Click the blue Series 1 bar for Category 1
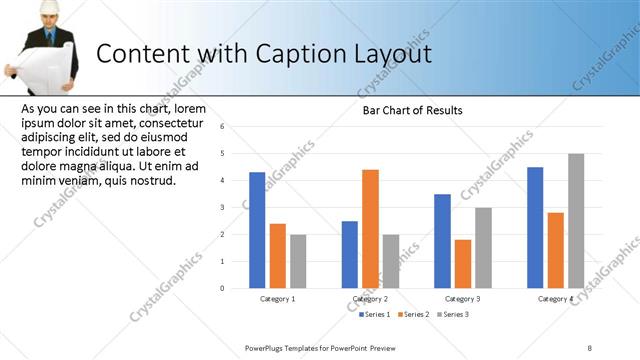(x=257, y=230)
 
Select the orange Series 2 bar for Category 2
(x=370, y=229)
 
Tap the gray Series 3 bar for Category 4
(x=576, y=221)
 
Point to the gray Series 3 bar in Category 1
(x=298, y=261)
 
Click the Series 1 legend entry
(x=376, y=315)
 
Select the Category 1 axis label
(x=277, y=299)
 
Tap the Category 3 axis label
(x=462, y=299)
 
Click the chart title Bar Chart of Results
(x=412, y=110)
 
